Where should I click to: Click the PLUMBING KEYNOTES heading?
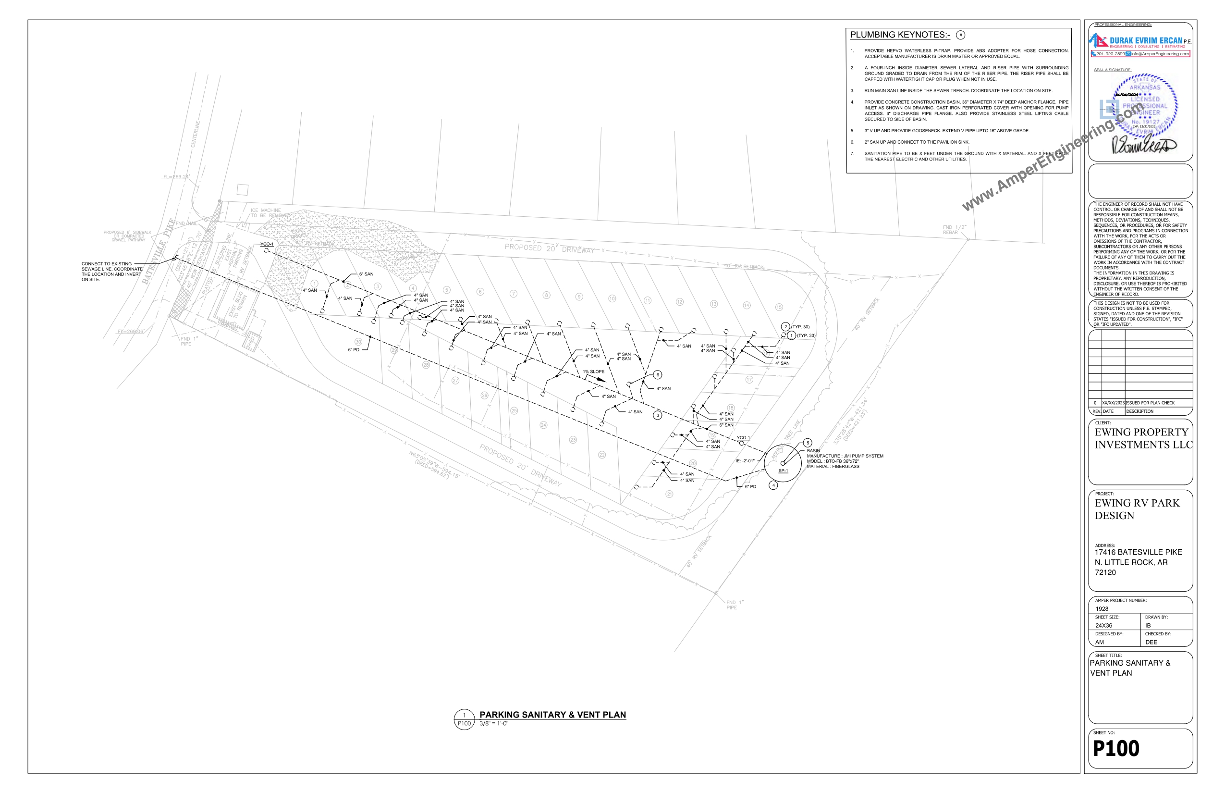point(900,35)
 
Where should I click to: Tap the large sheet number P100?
point(1116,748)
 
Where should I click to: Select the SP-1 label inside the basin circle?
point(783,471)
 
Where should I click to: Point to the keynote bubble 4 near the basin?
point(773,485)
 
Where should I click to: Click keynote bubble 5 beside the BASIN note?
point(808,443)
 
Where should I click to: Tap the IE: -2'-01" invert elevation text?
point(745,461)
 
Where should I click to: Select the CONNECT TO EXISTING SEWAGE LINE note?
point(111,272)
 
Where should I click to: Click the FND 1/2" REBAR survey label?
point(954,230)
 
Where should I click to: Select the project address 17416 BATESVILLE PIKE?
point(1138,552)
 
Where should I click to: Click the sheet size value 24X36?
point(1103,626)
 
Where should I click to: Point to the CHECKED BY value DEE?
point(1151,642)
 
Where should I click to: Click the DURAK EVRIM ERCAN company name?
point(1146,40)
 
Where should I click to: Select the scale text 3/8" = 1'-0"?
point(494,723)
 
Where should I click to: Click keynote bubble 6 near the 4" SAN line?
point(657,375)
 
